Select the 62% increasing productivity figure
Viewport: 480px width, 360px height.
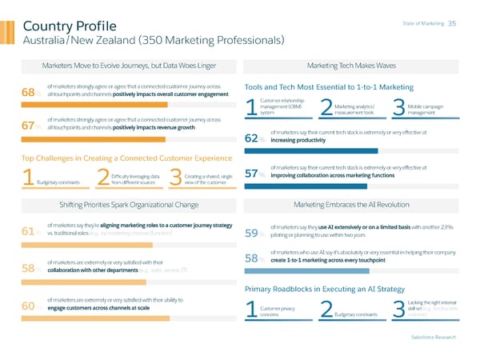click(255, 138)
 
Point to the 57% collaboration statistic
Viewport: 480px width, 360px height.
click(255, 172)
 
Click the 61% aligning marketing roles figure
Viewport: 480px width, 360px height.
click(33, 232)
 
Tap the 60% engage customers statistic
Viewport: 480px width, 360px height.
click(33, 306)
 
